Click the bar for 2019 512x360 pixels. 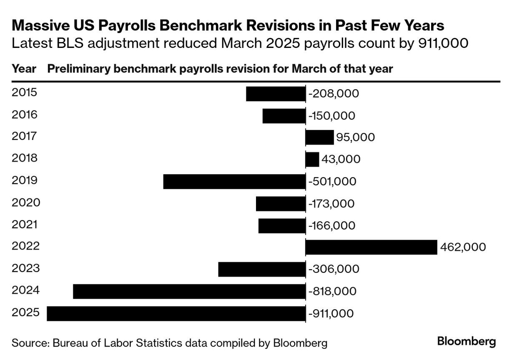pyautogui.click(x=234, y=182)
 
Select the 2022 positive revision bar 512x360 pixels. pyautogui.click(x=371, y=247)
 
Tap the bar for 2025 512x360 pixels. pyautogui.click(x=176, y=313)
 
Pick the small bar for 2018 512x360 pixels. pyautogui.click(x=312, y=159)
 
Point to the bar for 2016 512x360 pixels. pyautogui.click(x=284, y=115)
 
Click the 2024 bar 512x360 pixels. pyautogui.click(x=189, y=291)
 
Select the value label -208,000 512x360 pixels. pyautogui.click(x=334, y=94)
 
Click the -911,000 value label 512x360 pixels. pyautogui.click(x=331, y=314)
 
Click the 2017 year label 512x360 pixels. pyautogui.click(x=25, y=136)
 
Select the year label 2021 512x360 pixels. pyautogui.click(x=25, y=225)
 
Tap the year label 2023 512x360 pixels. pyautogui.click(x=25, y=268)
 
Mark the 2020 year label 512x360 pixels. pyautogui.click(x=26, y=202)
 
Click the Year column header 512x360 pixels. pyautogui.click(x=24, y=69)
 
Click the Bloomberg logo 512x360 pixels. pyautogui.click(x=467, y=342)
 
